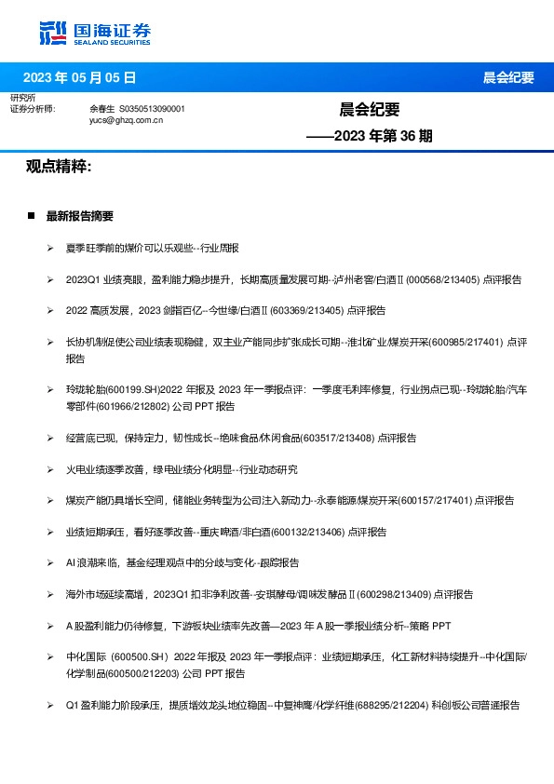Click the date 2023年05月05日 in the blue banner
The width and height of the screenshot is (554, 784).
tap(79, 77)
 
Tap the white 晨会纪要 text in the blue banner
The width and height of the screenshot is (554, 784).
tap(508, 77)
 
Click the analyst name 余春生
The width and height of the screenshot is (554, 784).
tap(101, 109)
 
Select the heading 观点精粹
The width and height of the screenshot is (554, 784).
tap(59, 167)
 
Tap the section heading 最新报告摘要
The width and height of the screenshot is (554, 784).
tap(80, 216)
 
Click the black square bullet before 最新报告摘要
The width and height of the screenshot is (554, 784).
tap(32, 216)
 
